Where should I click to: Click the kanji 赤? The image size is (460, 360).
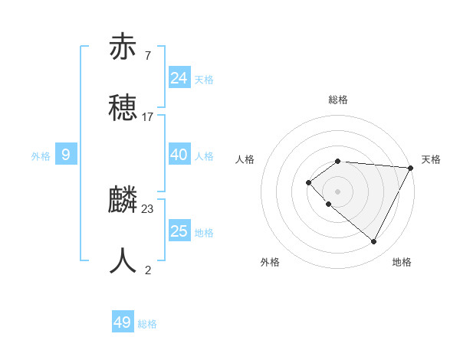point(123,47)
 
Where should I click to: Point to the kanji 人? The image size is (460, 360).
point(123,260)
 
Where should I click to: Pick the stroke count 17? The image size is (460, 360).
point(148,117)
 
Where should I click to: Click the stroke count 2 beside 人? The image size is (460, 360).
point(148,270)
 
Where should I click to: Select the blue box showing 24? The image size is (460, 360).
point(179,77)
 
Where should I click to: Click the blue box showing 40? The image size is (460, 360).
point(179,155)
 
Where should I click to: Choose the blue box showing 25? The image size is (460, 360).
point(179,231)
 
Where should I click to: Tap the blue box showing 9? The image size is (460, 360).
point(66,155)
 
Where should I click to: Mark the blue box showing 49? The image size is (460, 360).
point(123,322)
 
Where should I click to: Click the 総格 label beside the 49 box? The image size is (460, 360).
point(148,324)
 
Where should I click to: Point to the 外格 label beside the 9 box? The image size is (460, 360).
point(41,156)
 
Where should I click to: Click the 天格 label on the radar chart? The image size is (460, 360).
point(431,159)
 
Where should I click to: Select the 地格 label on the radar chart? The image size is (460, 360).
point(402,262)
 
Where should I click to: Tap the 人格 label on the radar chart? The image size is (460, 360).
point(245,159)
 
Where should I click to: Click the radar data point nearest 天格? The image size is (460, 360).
point(410,168)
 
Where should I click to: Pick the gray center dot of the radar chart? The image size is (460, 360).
point(337,191)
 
